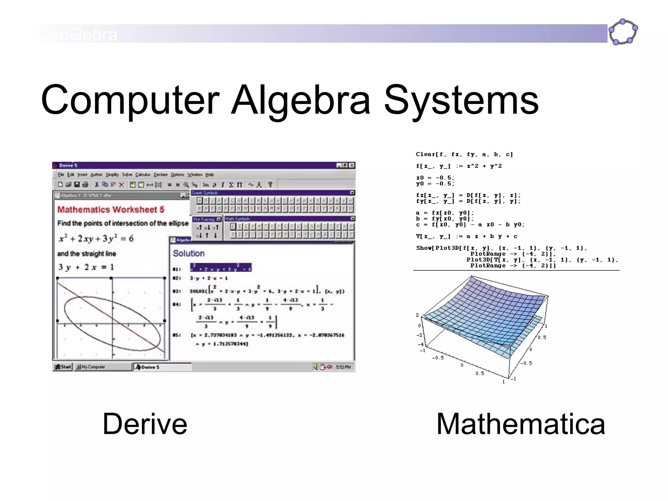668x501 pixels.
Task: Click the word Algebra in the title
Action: [x=300, y=100]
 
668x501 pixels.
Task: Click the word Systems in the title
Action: [x=461, y=100]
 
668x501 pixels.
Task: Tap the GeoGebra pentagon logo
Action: [x=623, y=32]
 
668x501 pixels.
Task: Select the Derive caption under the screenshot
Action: [x=145, y=424]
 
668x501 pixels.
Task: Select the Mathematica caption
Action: [x=521, y=424]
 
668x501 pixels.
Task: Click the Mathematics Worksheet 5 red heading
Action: [x=111, y=209]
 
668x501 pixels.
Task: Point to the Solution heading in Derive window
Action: [x=189, y=253]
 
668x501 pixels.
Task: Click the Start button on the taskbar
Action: [x=63, y=367]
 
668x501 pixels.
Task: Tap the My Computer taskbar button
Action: [x=91, y=367]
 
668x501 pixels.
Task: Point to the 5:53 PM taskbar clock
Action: [x=343, y=367]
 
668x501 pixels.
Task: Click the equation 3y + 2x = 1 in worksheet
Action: [x=86, y=267]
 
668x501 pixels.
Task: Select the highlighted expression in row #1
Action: [x=221, y=267]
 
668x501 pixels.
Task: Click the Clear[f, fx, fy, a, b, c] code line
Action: [x=464, y=154]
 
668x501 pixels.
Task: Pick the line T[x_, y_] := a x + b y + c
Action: [x=466, y=236]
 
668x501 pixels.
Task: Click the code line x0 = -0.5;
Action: [x=435, y=178]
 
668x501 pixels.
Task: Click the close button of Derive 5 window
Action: [x=352, y=165]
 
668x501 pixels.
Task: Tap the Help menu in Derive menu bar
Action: [x=209, y=175]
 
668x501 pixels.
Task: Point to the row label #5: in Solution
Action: [x=176, y=335]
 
